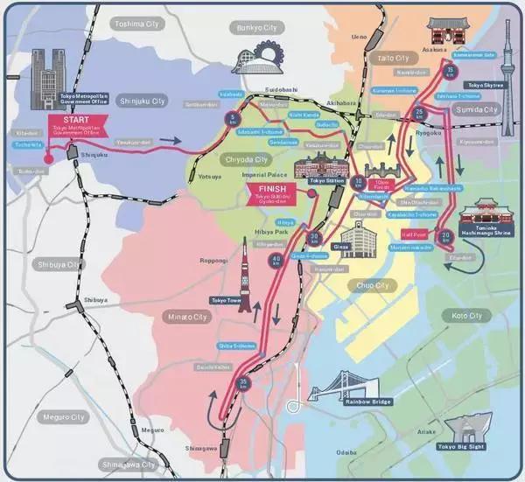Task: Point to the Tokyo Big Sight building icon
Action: point(463,425)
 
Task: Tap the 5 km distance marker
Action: point(233,119)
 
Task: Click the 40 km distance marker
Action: point(277,260)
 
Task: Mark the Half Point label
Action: point(412,234)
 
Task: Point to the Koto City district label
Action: point(460,315)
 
